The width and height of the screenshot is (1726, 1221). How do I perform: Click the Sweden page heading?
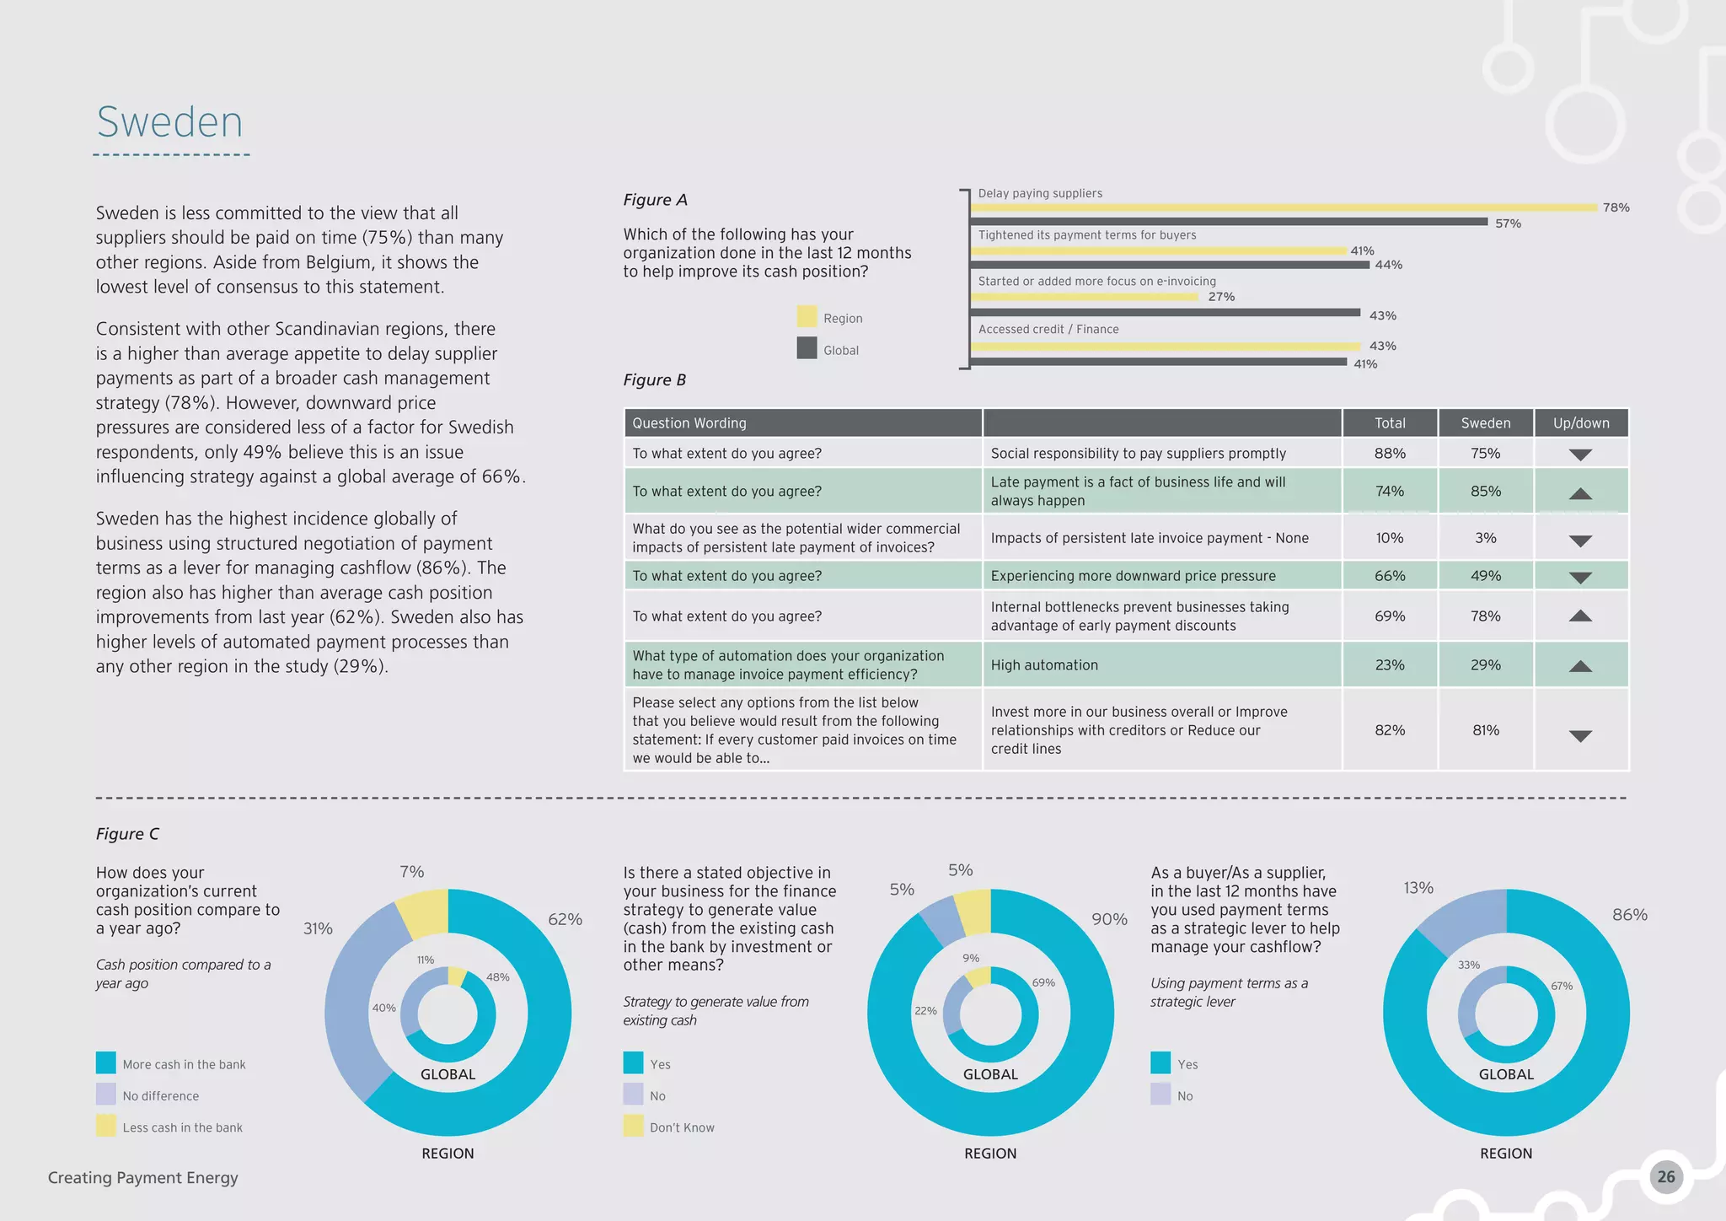(169, 122)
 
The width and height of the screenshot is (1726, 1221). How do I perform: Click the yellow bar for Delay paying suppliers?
(1285, 207)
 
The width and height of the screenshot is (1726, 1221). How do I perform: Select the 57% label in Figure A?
(1508, 223)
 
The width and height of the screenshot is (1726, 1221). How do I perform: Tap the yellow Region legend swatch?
(807, 317)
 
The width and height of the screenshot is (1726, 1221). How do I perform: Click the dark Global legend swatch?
(807, 348)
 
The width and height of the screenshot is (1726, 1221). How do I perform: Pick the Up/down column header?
(1580, 423)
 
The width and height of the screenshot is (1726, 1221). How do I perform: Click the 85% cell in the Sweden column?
(1485, 491)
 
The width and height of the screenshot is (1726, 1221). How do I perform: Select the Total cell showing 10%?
(1389, 538)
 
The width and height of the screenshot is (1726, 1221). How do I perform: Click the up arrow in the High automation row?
(1580, 666)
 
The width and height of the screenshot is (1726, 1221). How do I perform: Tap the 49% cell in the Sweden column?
(1485, 576)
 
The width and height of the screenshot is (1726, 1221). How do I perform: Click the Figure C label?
(127, 834)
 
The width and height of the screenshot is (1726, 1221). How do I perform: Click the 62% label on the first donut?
(565, 920)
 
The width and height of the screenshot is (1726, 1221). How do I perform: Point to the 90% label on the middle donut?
(1109, 920)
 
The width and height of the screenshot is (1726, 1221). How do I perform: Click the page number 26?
(1665, 1177)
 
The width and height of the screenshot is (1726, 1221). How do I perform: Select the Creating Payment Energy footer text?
(143, 1178)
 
